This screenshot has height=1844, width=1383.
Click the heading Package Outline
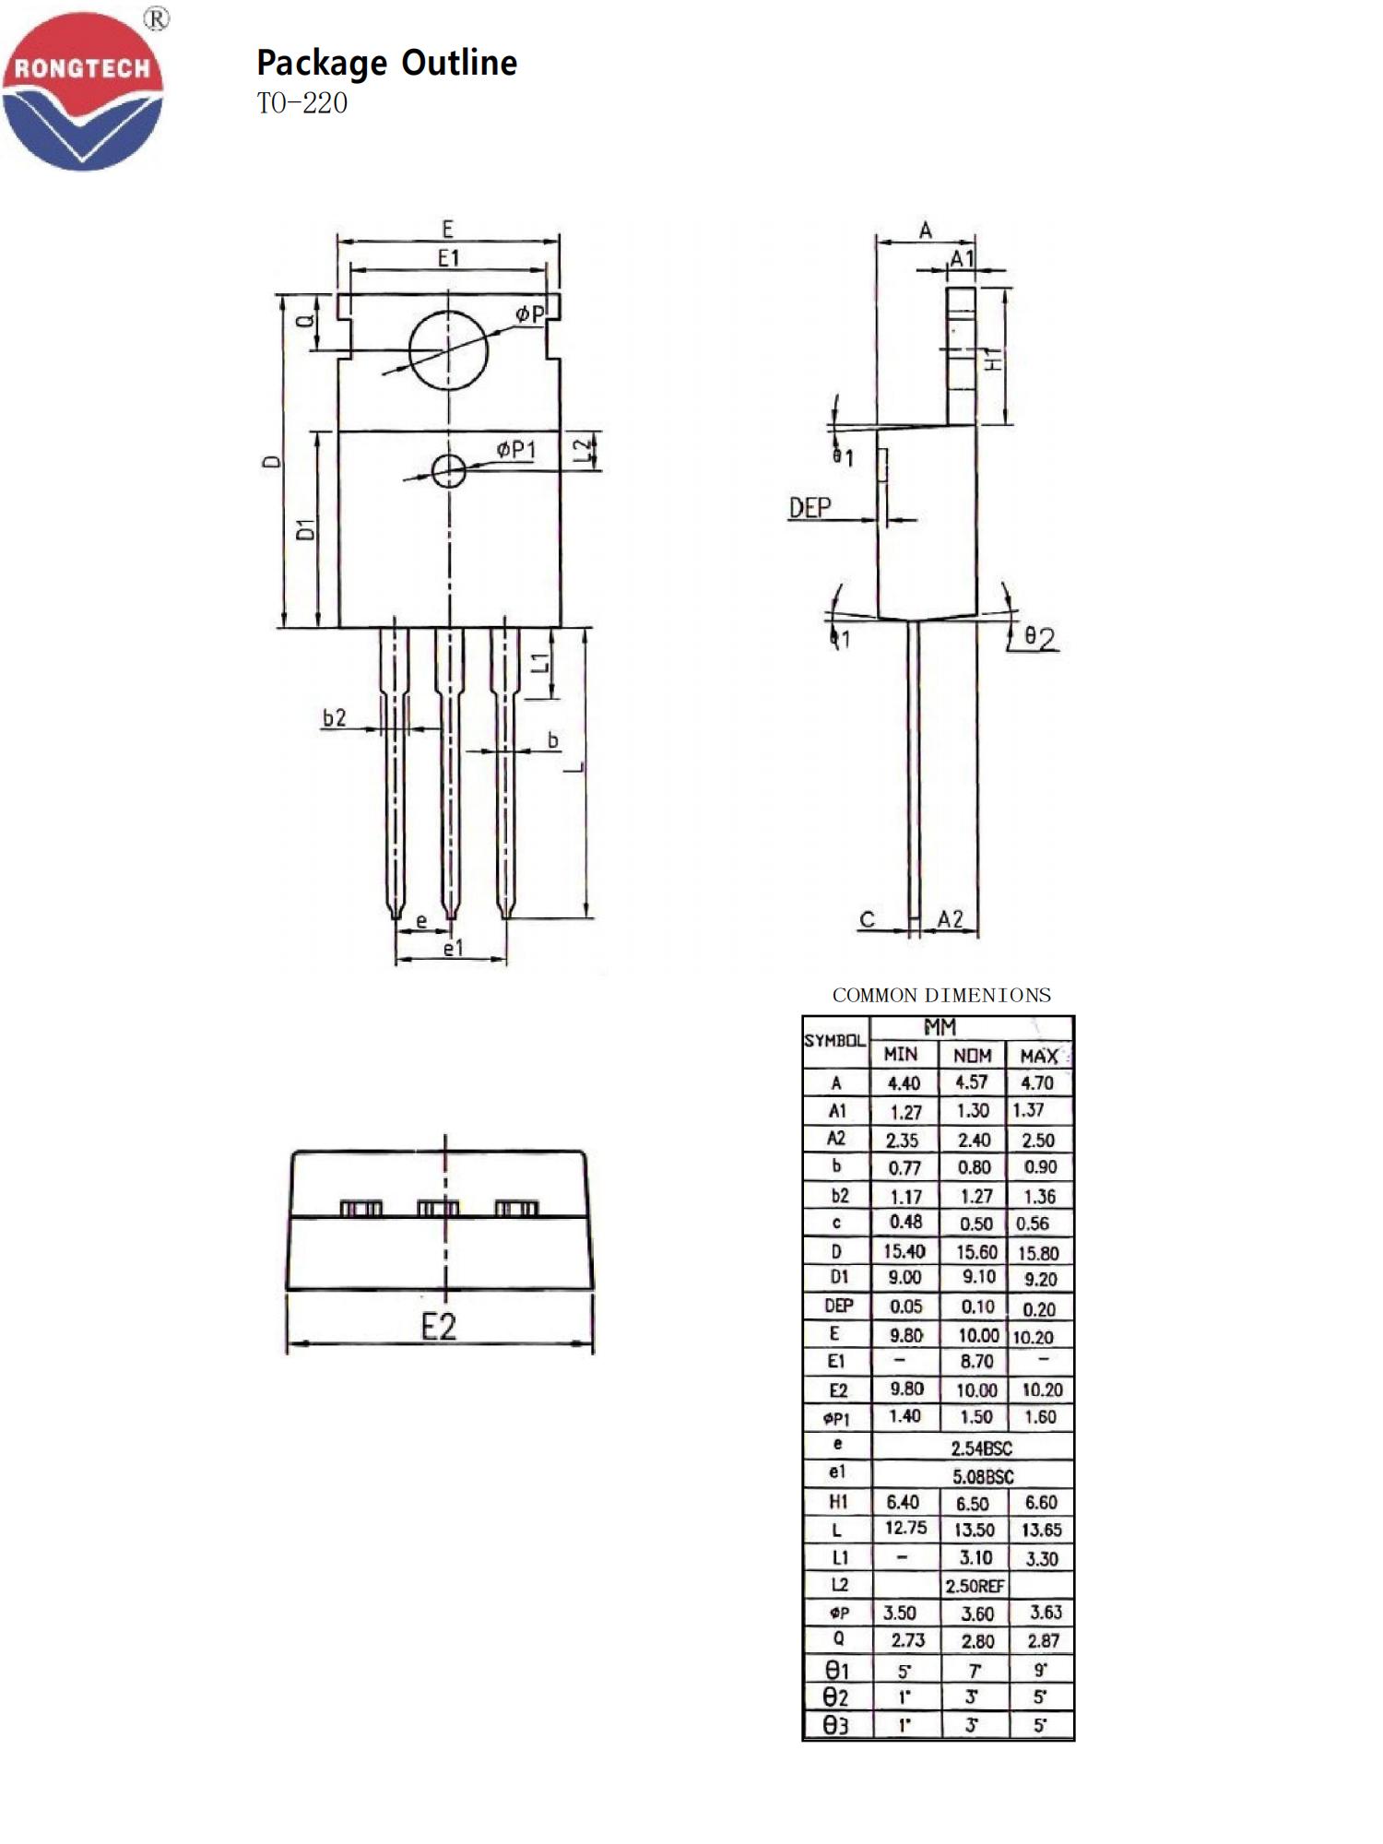(x=386, y=63)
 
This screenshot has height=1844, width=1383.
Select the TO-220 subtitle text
(x=302, y=103)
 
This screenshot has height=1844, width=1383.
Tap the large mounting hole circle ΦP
(x=448, y=350)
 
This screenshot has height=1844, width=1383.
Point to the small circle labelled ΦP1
(x=449, y=470)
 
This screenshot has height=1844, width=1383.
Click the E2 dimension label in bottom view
(x=439, y=1327)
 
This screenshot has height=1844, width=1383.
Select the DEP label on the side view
(x=810, y=507)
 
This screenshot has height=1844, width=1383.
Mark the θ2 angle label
(x=1040, y=637)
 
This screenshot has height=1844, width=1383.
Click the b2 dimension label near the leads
(x=335, y=717)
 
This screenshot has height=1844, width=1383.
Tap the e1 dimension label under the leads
(x=453, y=948)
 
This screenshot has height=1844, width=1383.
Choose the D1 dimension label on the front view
(x=305, y=529)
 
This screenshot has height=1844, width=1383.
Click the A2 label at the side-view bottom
(x=951, y=919)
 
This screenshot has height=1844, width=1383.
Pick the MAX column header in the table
(x=1039, y=1056)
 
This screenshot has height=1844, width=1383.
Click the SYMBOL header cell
(x=835, y=1041)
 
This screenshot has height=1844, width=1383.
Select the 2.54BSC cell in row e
(x=981, y=1448)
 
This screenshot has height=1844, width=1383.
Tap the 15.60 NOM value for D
(x=975, y=1252)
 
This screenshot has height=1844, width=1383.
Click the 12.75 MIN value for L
(x=905, y=1528)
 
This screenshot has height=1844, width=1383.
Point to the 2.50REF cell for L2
(x=975, y=1586)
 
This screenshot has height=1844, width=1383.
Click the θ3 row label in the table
(x=836, y=1725)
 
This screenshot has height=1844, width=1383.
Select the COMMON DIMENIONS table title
(x=941, y=996)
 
